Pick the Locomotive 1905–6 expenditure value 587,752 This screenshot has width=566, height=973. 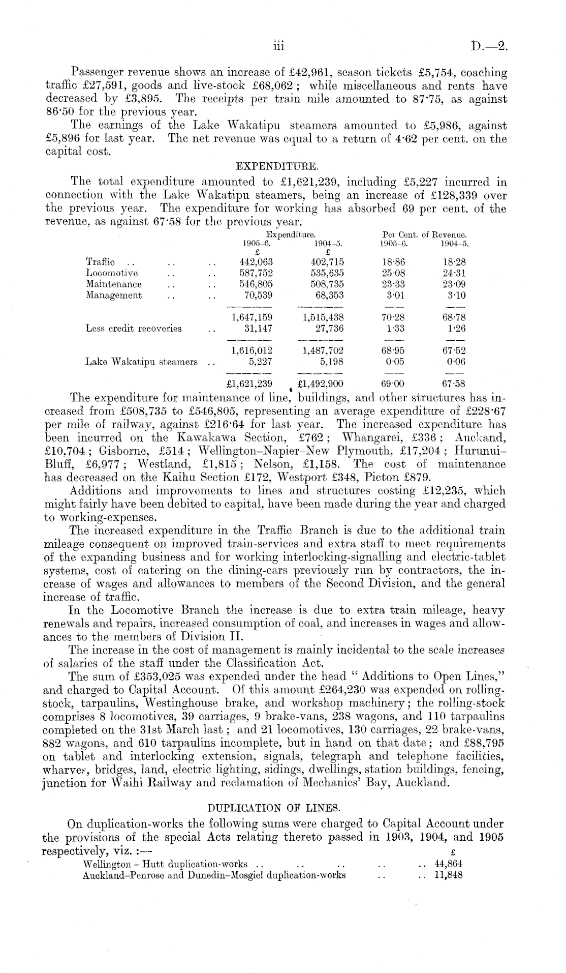(256, 273)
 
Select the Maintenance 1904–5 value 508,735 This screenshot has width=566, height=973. (327, 284)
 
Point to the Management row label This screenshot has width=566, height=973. (114, 296)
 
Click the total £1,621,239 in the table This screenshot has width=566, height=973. (251, 384)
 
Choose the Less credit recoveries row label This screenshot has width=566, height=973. (134, 329)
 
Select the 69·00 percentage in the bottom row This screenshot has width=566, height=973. (393, 384)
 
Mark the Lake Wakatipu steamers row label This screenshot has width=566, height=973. (141, 362)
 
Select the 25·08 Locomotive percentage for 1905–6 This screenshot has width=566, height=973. (393, 273)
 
